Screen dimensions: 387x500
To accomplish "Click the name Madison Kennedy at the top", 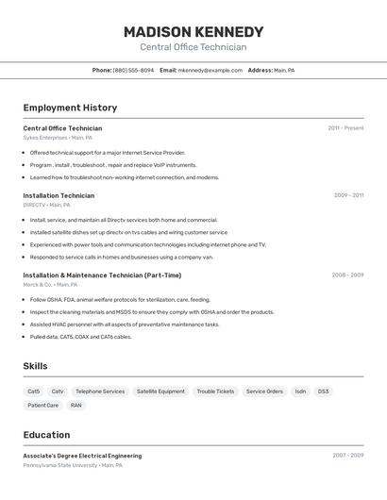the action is pos(193,32).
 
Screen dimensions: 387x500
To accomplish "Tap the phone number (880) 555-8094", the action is pos(133,70).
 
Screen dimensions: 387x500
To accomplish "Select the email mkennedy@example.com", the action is pos(210,70).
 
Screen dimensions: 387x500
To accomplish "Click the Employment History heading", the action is pos(70,108).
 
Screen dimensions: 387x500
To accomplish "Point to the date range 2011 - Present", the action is pos(345,128).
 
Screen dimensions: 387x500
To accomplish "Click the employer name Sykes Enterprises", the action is pos(45,138).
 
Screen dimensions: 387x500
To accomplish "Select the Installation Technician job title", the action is pos(59,195).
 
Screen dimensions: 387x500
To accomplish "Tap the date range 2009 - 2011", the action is pos(348,195).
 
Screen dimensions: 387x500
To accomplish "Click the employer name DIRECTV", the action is pos(34,205).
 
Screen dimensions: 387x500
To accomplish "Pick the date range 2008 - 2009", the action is pos(347,275).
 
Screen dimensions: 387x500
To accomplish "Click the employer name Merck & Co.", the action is pos(38,284).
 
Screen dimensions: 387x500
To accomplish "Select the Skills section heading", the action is pos(36,366).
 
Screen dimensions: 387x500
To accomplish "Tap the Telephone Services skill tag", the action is pos(100,392).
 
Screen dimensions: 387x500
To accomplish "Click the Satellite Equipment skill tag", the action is pos(160,392).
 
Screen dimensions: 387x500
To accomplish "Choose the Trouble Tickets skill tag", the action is pos(215,392).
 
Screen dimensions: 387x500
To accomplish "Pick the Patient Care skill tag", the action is pos(42,406).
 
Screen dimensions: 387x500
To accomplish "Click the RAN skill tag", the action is pos(76,406).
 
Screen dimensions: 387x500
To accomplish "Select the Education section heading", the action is pos(46,435).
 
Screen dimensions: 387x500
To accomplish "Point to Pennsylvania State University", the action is pos(60,465).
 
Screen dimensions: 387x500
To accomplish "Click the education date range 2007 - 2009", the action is pos(347,456).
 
